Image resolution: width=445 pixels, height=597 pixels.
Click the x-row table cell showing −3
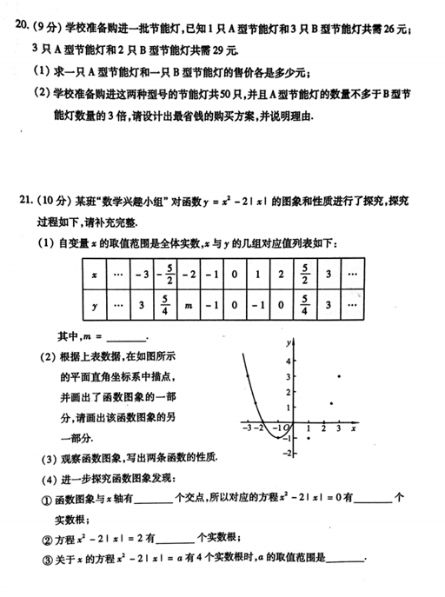coord(143,273)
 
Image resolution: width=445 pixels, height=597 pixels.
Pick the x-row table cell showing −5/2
coord(170,273)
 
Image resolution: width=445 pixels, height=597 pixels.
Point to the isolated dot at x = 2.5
coord(333,402)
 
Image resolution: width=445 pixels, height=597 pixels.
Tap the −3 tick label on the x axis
coord(248,429)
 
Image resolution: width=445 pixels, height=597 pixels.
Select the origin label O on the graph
coord(289,429)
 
